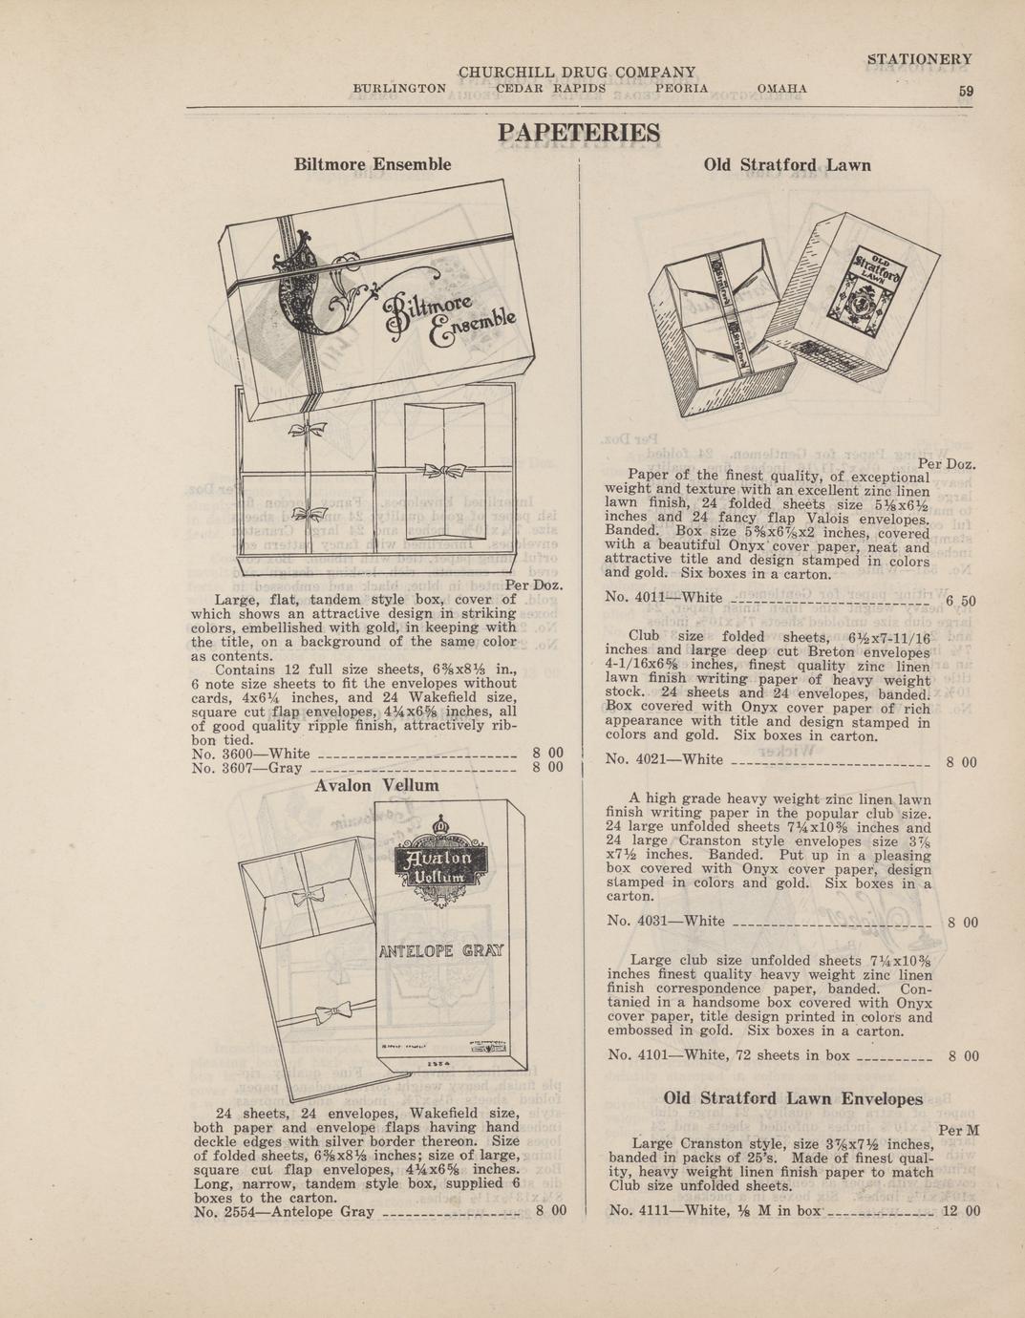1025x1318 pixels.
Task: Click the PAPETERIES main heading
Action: coord(579,133)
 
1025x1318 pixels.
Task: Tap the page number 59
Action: coord(966,91)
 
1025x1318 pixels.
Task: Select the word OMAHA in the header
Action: coord(781,89)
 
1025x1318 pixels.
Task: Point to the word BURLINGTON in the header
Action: coord(399,89)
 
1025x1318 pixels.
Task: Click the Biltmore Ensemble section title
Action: coord(373,164)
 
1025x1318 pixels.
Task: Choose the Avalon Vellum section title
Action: coord(376,785)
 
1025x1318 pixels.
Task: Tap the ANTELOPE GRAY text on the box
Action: coord(441,951)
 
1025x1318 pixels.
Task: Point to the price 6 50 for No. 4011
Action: coord(961,601)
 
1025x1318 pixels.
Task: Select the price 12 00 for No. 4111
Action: coord(961,1211)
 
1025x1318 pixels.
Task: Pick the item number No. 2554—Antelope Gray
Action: coord(284,1212)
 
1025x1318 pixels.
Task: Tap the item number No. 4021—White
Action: coord(664,759)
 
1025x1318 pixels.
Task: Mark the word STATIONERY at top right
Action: coord(920,59)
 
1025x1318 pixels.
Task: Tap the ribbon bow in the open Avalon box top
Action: coord(309,898)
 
